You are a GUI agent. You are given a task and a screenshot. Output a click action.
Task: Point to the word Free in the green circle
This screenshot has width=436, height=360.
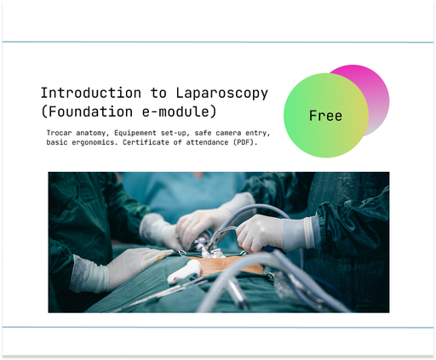[x=325, y=116]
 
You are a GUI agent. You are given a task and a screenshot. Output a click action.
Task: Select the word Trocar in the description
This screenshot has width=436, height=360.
[x=60, y=133]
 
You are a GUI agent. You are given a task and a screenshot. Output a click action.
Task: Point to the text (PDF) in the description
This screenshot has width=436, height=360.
[x=259, y=143]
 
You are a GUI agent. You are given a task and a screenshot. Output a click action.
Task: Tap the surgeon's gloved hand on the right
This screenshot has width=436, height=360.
[x=272, y=231]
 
